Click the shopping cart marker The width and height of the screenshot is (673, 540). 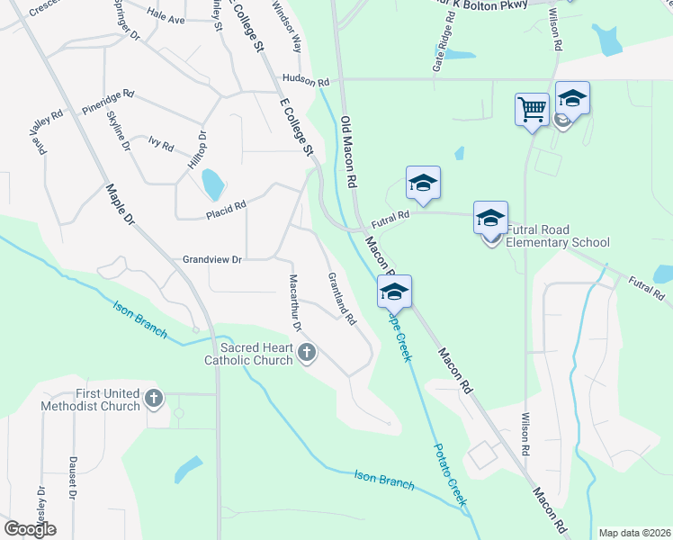pos(533,110)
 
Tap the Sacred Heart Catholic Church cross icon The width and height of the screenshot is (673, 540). pos(307,352)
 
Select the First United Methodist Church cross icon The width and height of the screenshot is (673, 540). pos(154,398)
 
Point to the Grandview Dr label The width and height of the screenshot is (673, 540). pos(212,259)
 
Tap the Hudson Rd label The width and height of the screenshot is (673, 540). pos(306,80)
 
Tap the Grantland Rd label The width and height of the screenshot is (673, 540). pos(343,298)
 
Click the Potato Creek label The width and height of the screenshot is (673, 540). pos(450,475)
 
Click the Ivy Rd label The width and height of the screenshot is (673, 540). pos(161,144)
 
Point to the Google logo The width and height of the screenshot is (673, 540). pos(30,528)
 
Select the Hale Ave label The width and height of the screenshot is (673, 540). pos(165,19)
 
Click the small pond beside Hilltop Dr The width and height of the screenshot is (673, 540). pos(212,184)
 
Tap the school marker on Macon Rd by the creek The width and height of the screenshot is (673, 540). pos(394,292)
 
